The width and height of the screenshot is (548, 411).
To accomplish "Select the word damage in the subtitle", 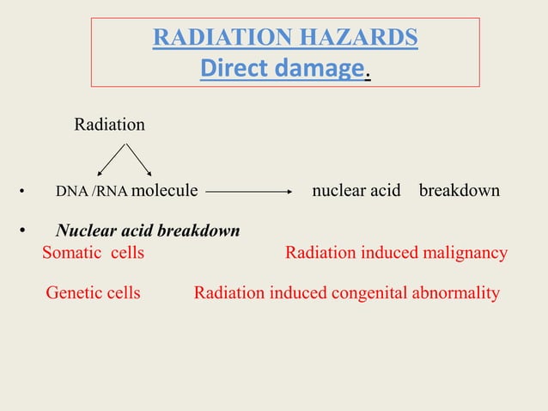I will pyautogui.click(x=319, y=68).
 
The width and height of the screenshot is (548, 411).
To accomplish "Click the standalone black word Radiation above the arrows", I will pyautogui.click(x=109, y=125).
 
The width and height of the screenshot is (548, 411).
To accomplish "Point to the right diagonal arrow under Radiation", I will pyautogui.click(x=140, y=159).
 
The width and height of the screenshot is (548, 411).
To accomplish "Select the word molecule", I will pyautogui.click(x=165, y=191).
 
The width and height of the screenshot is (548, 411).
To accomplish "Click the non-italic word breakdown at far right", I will pyautogui.click(x=459, y=191).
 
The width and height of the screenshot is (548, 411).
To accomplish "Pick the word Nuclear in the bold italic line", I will pyautogui.click(x=84, y=231).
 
